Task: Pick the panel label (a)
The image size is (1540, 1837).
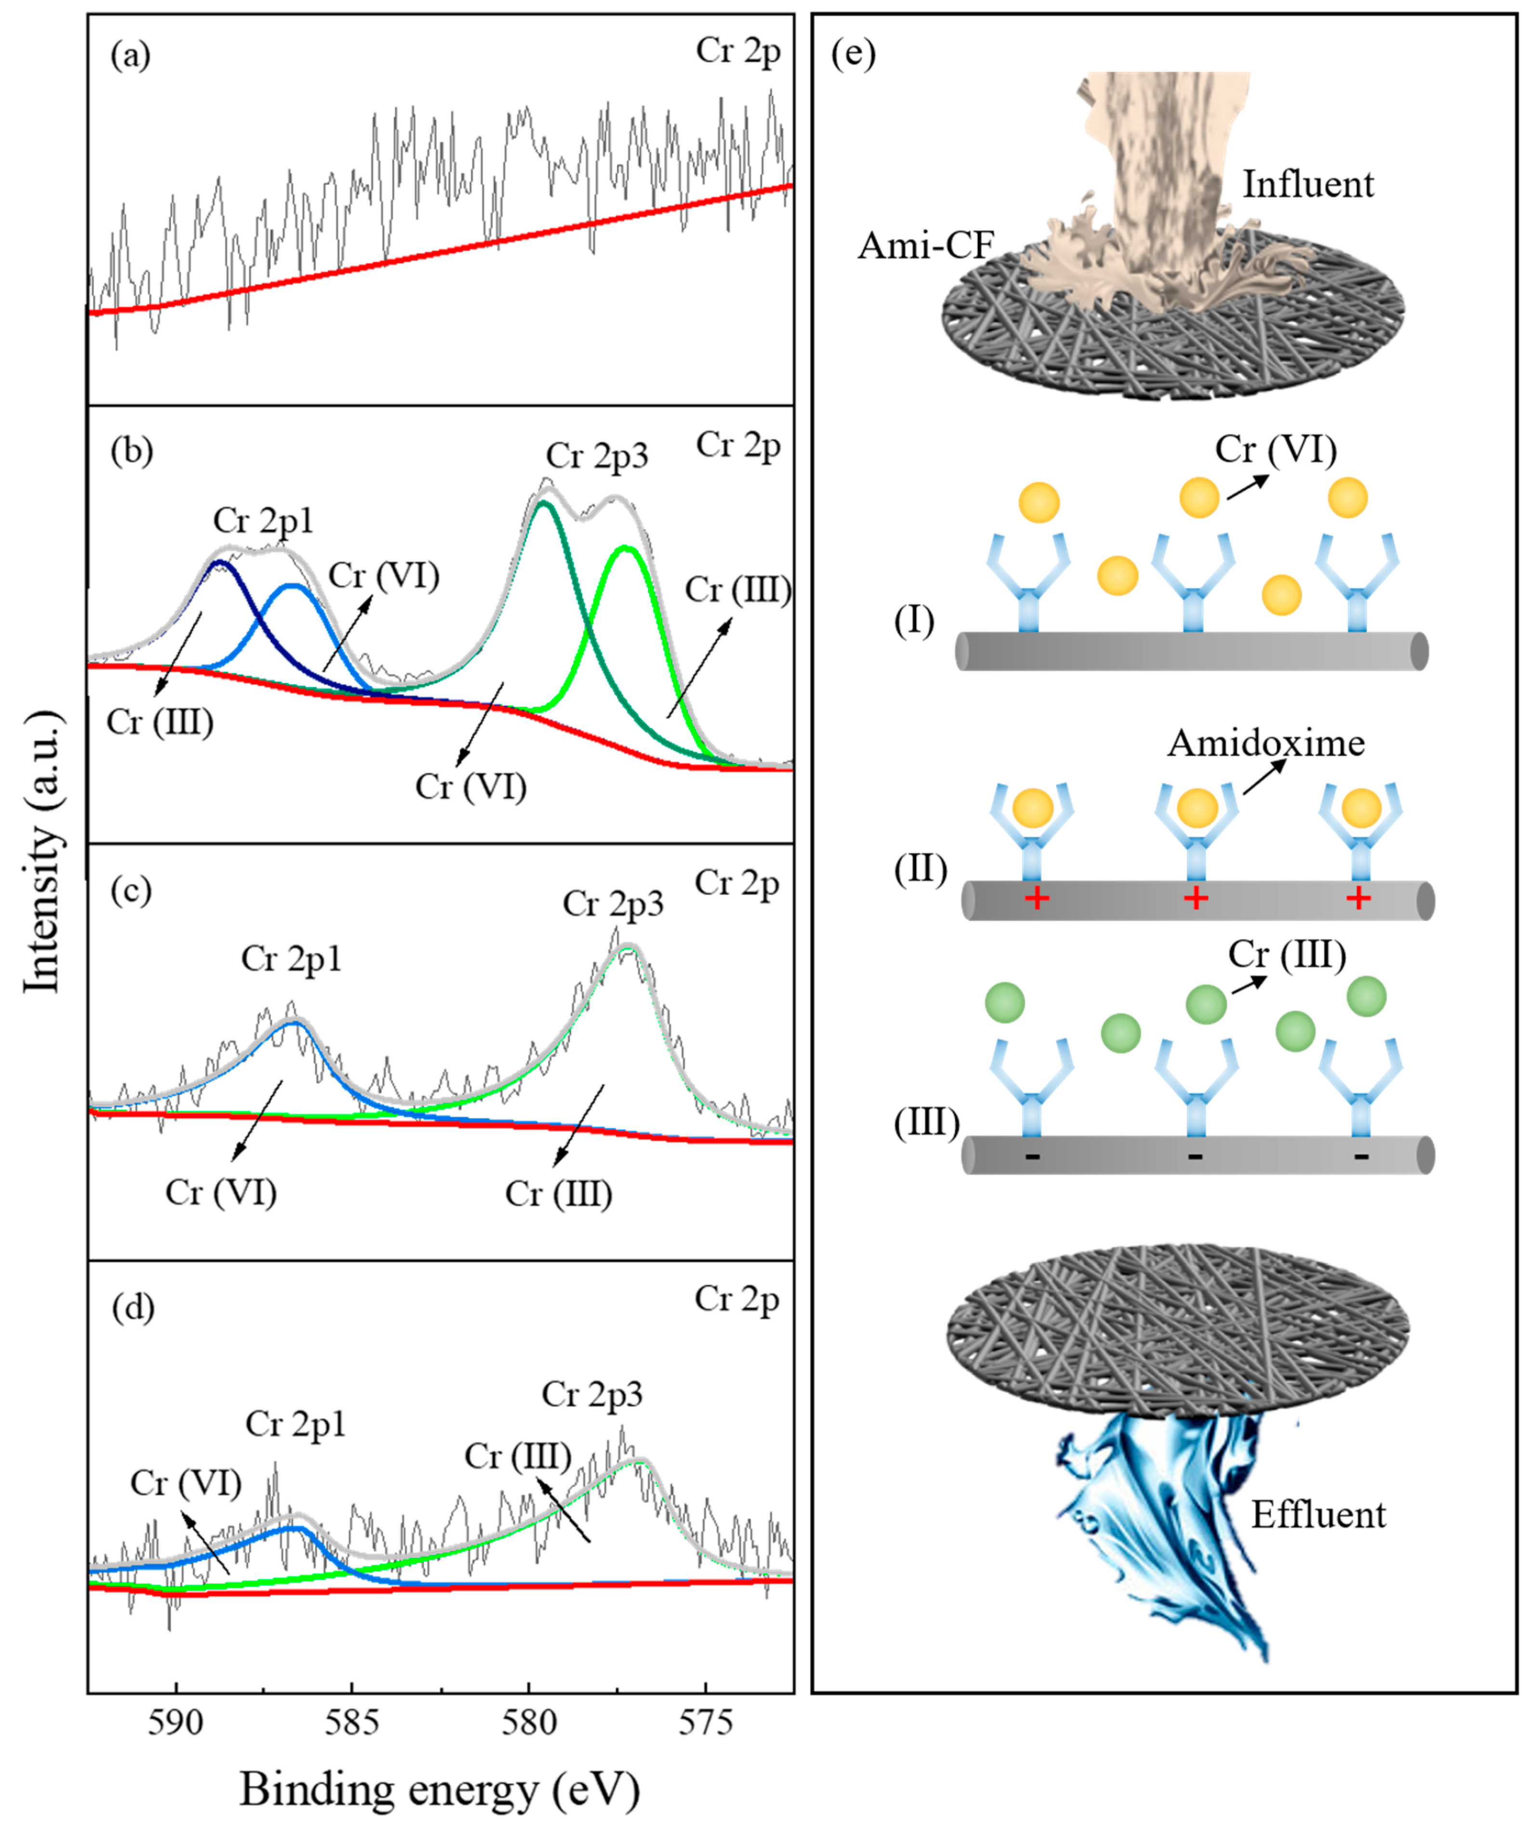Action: [x=131, y=56]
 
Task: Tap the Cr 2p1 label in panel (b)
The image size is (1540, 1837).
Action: [x=263, y=521]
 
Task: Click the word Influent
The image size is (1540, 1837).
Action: [x=1308, y=185]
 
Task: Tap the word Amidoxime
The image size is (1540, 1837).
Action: [x=1265, y=743]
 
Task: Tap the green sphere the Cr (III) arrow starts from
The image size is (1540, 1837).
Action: [x=1206, y=1004]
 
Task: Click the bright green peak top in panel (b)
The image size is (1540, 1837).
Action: [x=624, y=548]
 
